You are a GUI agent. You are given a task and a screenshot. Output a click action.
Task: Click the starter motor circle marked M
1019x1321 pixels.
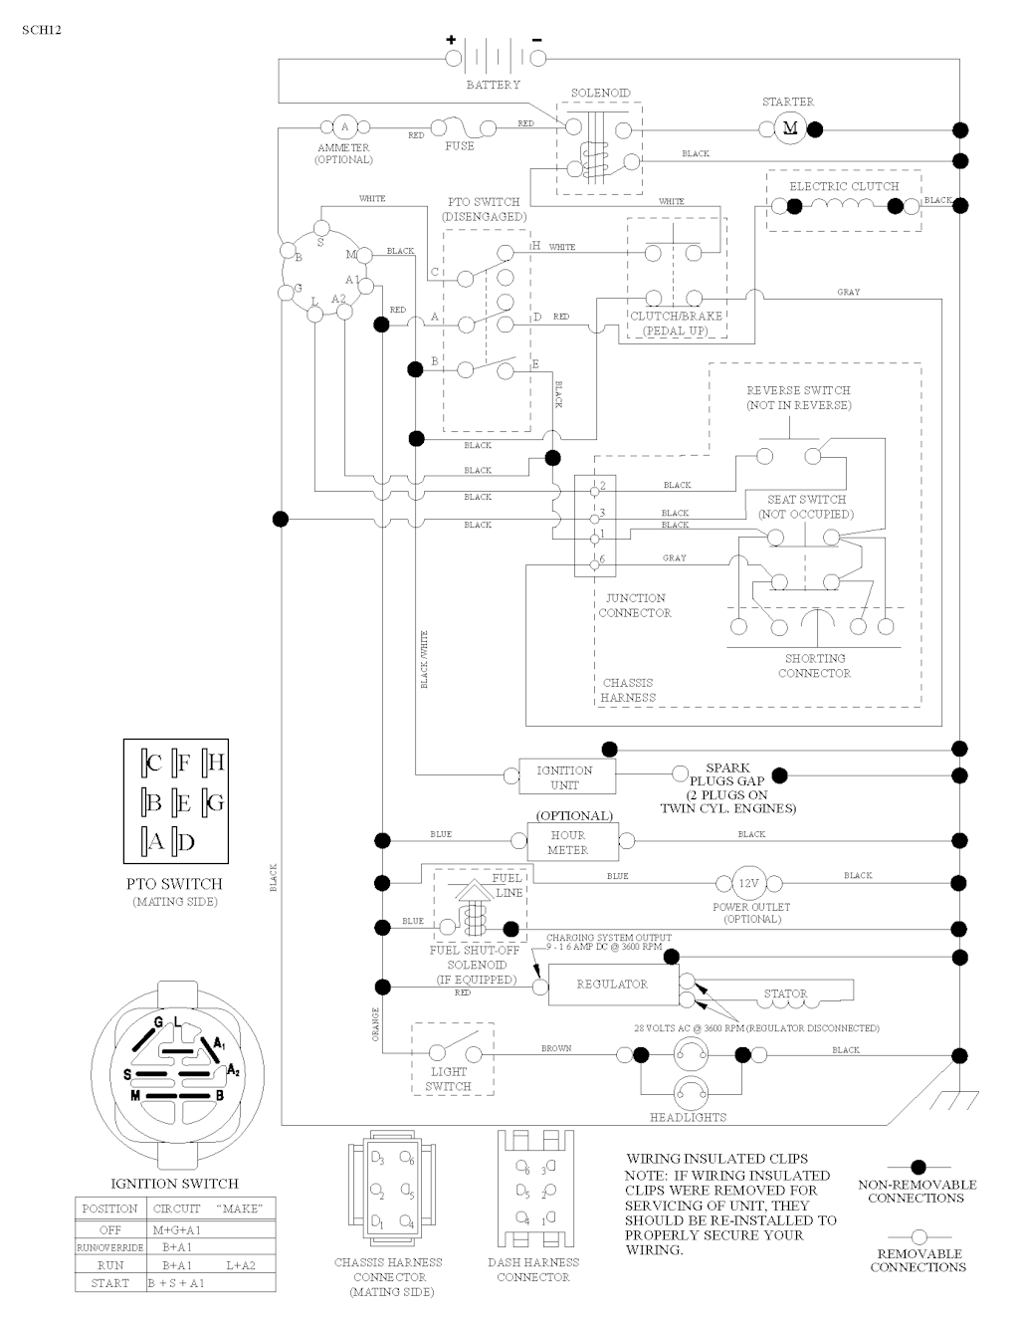791,127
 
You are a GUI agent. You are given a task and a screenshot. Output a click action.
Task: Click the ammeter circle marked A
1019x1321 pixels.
345,127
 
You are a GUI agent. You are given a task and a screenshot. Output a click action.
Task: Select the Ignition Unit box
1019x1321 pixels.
564,777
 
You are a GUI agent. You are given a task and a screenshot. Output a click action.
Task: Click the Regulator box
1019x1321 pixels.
612,985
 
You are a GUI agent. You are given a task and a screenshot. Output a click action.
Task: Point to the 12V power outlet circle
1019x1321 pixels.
747,883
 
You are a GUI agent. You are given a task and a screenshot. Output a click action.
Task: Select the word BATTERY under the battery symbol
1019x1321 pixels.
494,86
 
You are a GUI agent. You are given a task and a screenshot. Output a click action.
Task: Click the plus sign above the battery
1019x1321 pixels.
451,41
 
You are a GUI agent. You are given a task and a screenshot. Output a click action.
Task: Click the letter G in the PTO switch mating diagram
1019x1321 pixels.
214,802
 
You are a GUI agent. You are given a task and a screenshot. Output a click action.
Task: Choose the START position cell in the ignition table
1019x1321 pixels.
109,1283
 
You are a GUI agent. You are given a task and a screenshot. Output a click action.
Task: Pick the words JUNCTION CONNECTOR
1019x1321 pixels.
635,605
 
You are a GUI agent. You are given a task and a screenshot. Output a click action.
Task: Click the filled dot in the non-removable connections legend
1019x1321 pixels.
918,1166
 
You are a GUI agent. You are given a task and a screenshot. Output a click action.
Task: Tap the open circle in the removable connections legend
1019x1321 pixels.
918,1236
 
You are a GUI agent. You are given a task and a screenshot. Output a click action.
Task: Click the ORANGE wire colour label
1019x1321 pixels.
376,1024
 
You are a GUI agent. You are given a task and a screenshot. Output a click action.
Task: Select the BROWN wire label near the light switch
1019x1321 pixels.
556,1048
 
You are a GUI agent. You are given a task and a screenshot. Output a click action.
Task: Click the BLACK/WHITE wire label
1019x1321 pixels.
424,659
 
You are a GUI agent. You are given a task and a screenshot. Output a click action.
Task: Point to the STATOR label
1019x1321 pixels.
785,993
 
